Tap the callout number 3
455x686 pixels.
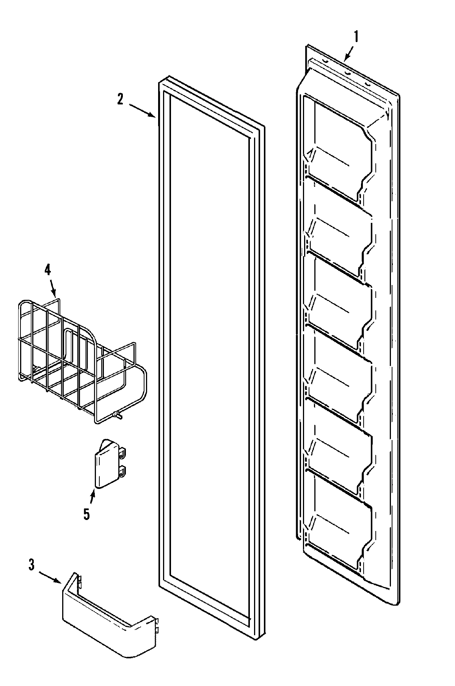tap(31, 565)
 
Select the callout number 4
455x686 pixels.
tap(47, 269)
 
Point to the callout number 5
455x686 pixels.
tap(87, 514)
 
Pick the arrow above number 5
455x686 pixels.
tap(92, 497)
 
